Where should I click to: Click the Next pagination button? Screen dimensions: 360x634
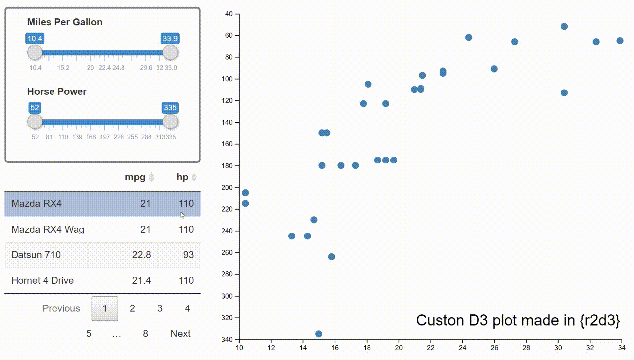180,334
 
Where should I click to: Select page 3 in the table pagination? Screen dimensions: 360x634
160,308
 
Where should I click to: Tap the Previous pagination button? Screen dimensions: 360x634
61,308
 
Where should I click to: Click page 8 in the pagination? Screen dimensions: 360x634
145,334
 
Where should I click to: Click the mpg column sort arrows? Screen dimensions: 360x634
151,177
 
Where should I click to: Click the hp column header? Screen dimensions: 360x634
182,177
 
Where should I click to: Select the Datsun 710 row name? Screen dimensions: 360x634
36,255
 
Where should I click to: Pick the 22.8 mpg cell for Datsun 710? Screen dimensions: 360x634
141,255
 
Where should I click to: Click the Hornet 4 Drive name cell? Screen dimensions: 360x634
43,281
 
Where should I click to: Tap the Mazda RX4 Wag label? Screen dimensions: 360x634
48,230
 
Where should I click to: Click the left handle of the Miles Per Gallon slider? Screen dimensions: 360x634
35,53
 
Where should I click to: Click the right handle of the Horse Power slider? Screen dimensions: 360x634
170,122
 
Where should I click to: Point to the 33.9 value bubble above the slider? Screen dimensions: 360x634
170,39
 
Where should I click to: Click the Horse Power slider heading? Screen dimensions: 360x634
57,91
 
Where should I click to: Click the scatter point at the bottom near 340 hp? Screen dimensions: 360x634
319,334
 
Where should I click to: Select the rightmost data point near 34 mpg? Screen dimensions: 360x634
620,41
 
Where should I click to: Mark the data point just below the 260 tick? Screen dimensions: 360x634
332,257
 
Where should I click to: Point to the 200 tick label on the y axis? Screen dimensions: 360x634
227,188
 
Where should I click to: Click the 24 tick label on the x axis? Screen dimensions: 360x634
462,348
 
